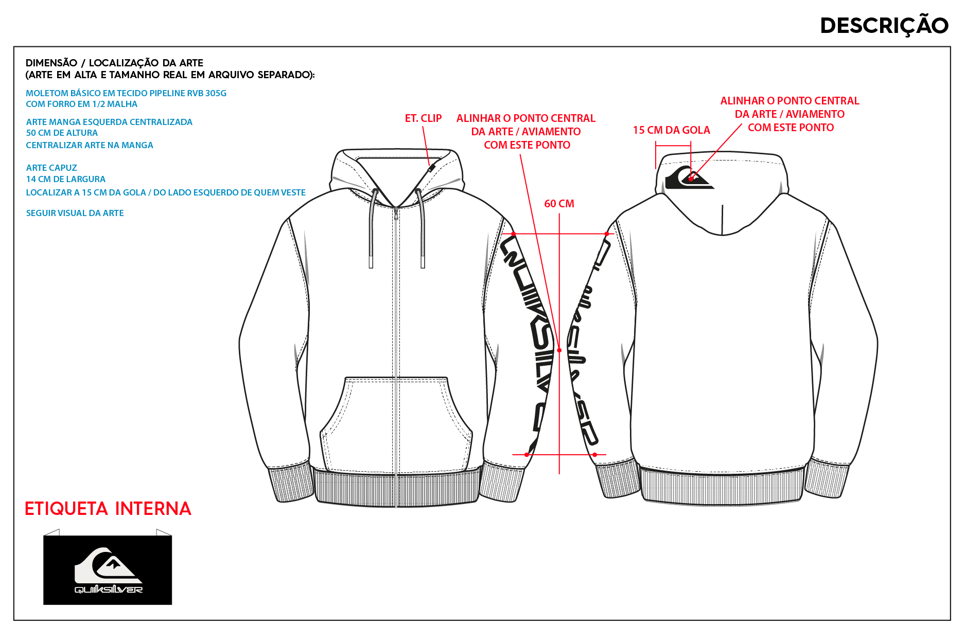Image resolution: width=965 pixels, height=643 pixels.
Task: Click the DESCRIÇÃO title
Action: tap(884, 26)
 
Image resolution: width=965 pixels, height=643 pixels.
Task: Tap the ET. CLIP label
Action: tap(423, 118)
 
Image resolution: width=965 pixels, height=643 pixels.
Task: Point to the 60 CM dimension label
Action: tap(559, 204)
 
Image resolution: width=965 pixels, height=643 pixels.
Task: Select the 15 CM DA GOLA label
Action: tap(671, 130)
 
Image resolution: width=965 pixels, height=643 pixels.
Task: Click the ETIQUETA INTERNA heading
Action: tap(108, 509)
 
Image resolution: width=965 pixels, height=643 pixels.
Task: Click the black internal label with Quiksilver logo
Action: tap(108, 570)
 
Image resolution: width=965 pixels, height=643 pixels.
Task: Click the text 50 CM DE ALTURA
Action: tap(62, 133)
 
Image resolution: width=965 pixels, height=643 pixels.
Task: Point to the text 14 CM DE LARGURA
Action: tap(66, 179)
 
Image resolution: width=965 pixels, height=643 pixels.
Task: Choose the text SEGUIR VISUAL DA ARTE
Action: tap(75, 213)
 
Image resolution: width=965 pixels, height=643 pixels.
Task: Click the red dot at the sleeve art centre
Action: tap(559, 350)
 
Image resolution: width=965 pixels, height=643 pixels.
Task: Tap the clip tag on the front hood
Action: tap(431, 168)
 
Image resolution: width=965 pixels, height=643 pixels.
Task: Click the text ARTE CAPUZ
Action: tap(51, 168)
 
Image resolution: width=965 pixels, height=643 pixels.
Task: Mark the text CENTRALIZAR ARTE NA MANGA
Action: tap(90, 145)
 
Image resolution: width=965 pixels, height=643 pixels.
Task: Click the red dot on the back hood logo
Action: tap(691, 179)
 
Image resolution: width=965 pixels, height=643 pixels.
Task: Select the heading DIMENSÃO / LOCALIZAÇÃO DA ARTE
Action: tap(114, 63)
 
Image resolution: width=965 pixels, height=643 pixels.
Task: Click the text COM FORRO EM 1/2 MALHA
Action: tap(82, 104)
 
